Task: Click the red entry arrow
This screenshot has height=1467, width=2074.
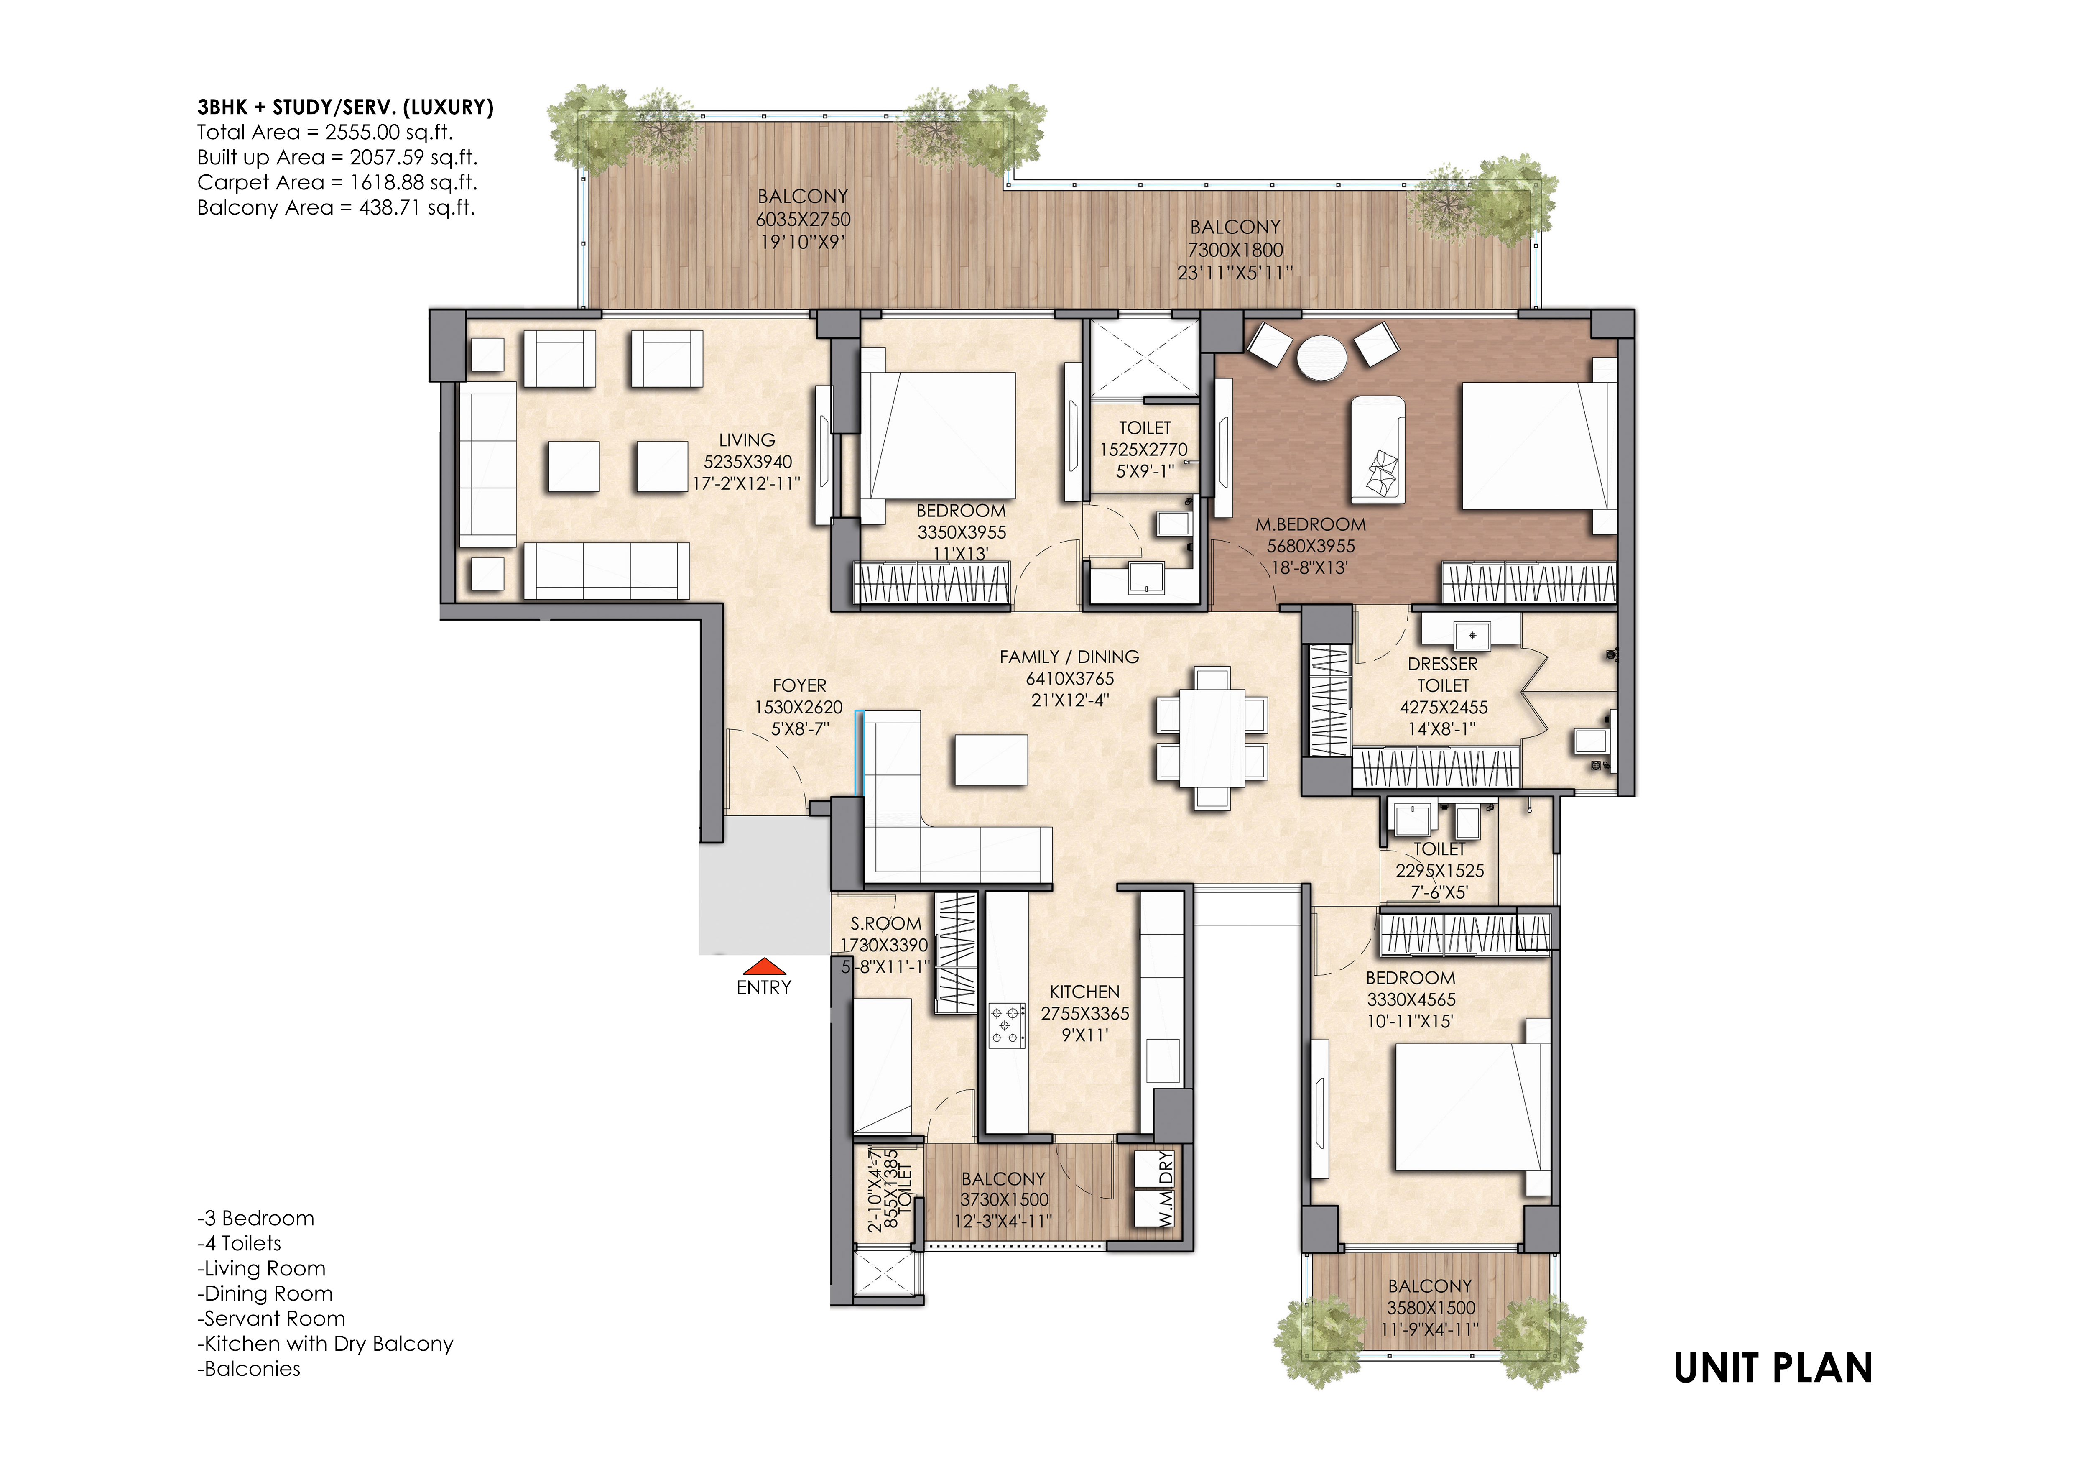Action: pos(763,966)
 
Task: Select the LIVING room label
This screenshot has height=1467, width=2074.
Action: pos(747,440)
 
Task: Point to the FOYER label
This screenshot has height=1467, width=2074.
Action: pos(799,686)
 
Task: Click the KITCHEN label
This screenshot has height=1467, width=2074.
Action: pos(1085,992)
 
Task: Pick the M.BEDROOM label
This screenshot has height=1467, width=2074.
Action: pos(1311,524)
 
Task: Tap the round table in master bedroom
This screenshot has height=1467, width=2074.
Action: pos(1321,358)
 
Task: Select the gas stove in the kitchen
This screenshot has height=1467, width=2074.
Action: pos(1007,1025)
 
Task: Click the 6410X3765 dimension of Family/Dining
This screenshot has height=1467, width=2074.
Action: pos(1069,678)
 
